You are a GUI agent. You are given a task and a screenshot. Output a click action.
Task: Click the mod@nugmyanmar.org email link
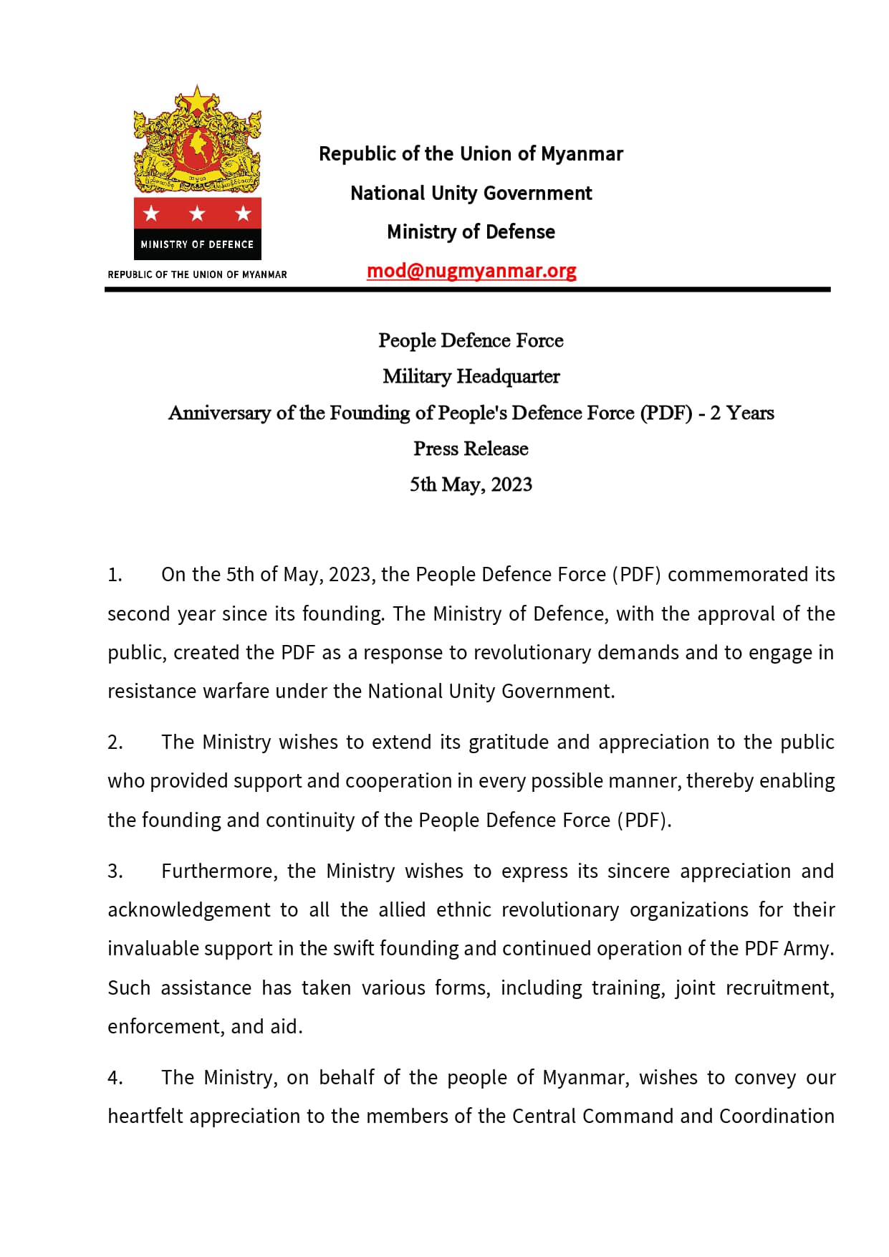471,271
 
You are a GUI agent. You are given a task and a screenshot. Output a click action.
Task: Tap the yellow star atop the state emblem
197,100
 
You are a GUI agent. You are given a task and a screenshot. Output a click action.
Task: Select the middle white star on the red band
197,214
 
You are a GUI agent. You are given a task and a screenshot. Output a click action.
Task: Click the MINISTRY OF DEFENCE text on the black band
197,244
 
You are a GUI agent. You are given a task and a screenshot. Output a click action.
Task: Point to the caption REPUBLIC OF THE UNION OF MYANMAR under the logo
197,274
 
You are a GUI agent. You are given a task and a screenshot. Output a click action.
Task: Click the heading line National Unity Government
471,193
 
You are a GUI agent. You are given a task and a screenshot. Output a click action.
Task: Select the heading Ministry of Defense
471,232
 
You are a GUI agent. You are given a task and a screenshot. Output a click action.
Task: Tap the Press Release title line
471,449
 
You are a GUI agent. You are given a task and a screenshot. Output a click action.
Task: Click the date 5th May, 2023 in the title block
471,484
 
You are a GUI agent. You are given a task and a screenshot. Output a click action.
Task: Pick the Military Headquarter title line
471,376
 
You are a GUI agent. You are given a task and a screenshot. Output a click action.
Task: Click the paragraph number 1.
115,575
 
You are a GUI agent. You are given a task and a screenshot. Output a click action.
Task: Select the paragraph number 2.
115,742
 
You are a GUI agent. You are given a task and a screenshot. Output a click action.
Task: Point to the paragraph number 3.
115,871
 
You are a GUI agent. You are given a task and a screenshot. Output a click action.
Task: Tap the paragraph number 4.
115,1078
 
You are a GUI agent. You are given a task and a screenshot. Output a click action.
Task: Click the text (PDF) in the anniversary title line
666,413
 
